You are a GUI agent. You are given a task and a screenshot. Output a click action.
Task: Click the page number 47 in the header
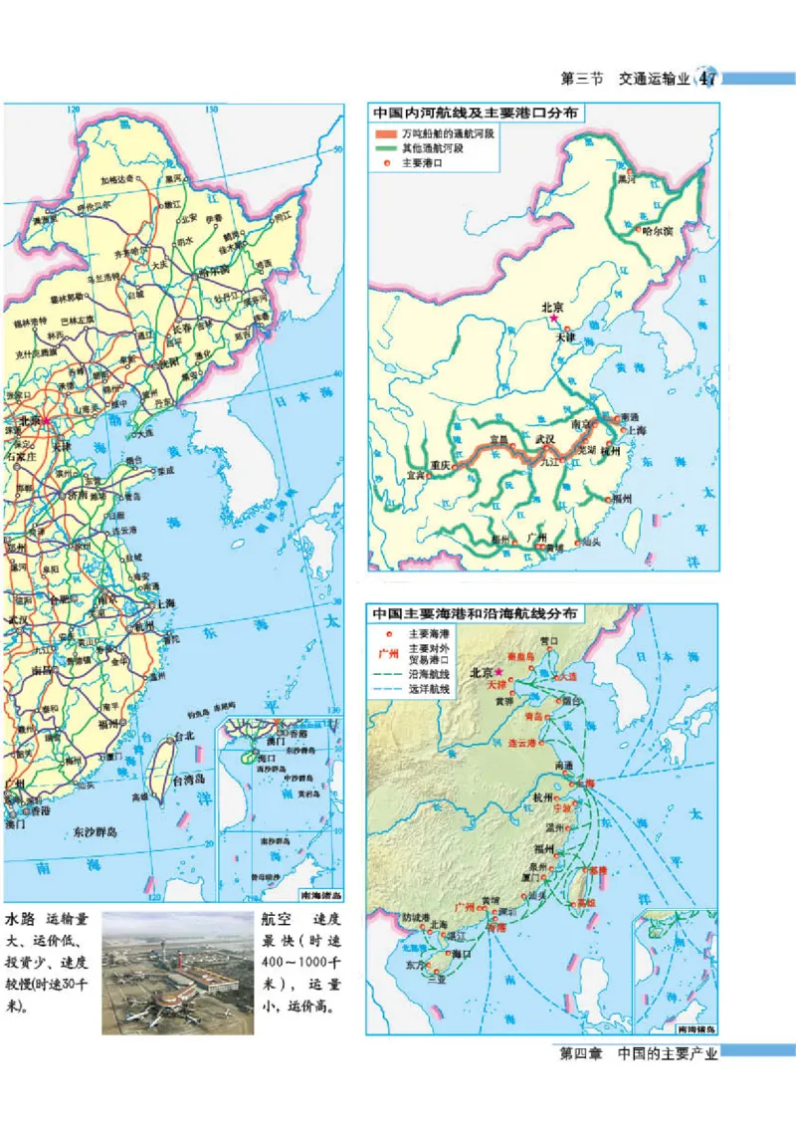(x=708, y=78)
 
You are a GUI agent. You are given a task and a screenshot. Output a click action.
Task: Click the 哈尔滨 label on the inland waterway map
(x=658, y=230)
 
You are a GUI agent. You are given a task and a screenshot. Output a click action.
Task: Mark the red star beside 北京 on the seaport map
(x=498, y=672)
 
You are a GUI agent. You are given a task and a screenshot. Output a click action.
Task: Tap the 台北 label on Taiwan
(x=184, y=738)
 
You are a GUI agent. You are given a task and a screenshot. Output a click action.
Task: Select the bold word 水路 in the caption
(x=20, y=919)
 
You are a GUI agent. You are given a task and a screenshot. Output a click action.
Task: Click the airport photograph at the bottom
(x=177, y=972)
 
